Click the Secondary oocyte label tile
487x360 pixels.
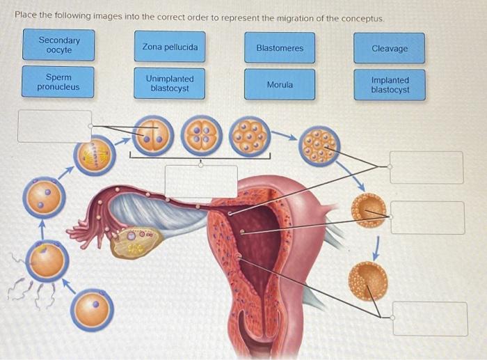tap(59, 45)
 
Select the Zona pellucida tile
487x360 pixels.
tap(170, 47)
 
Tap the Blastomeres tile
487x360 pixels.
tap(280, 48)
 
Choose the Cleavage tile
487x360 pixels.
tap(390, 48)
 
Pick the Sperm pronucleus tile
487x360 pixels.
tap(58, 82)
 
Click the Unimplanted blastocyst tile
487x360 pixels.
tap(170, 84)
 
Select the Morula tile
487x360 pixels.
tap(280, 84)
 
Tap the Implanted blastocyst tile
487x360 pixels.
tap(390, 85)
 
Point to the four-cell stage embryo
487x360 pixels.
tap(202, 136)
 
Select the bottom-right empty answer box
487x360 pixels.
tap(429, 318)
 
